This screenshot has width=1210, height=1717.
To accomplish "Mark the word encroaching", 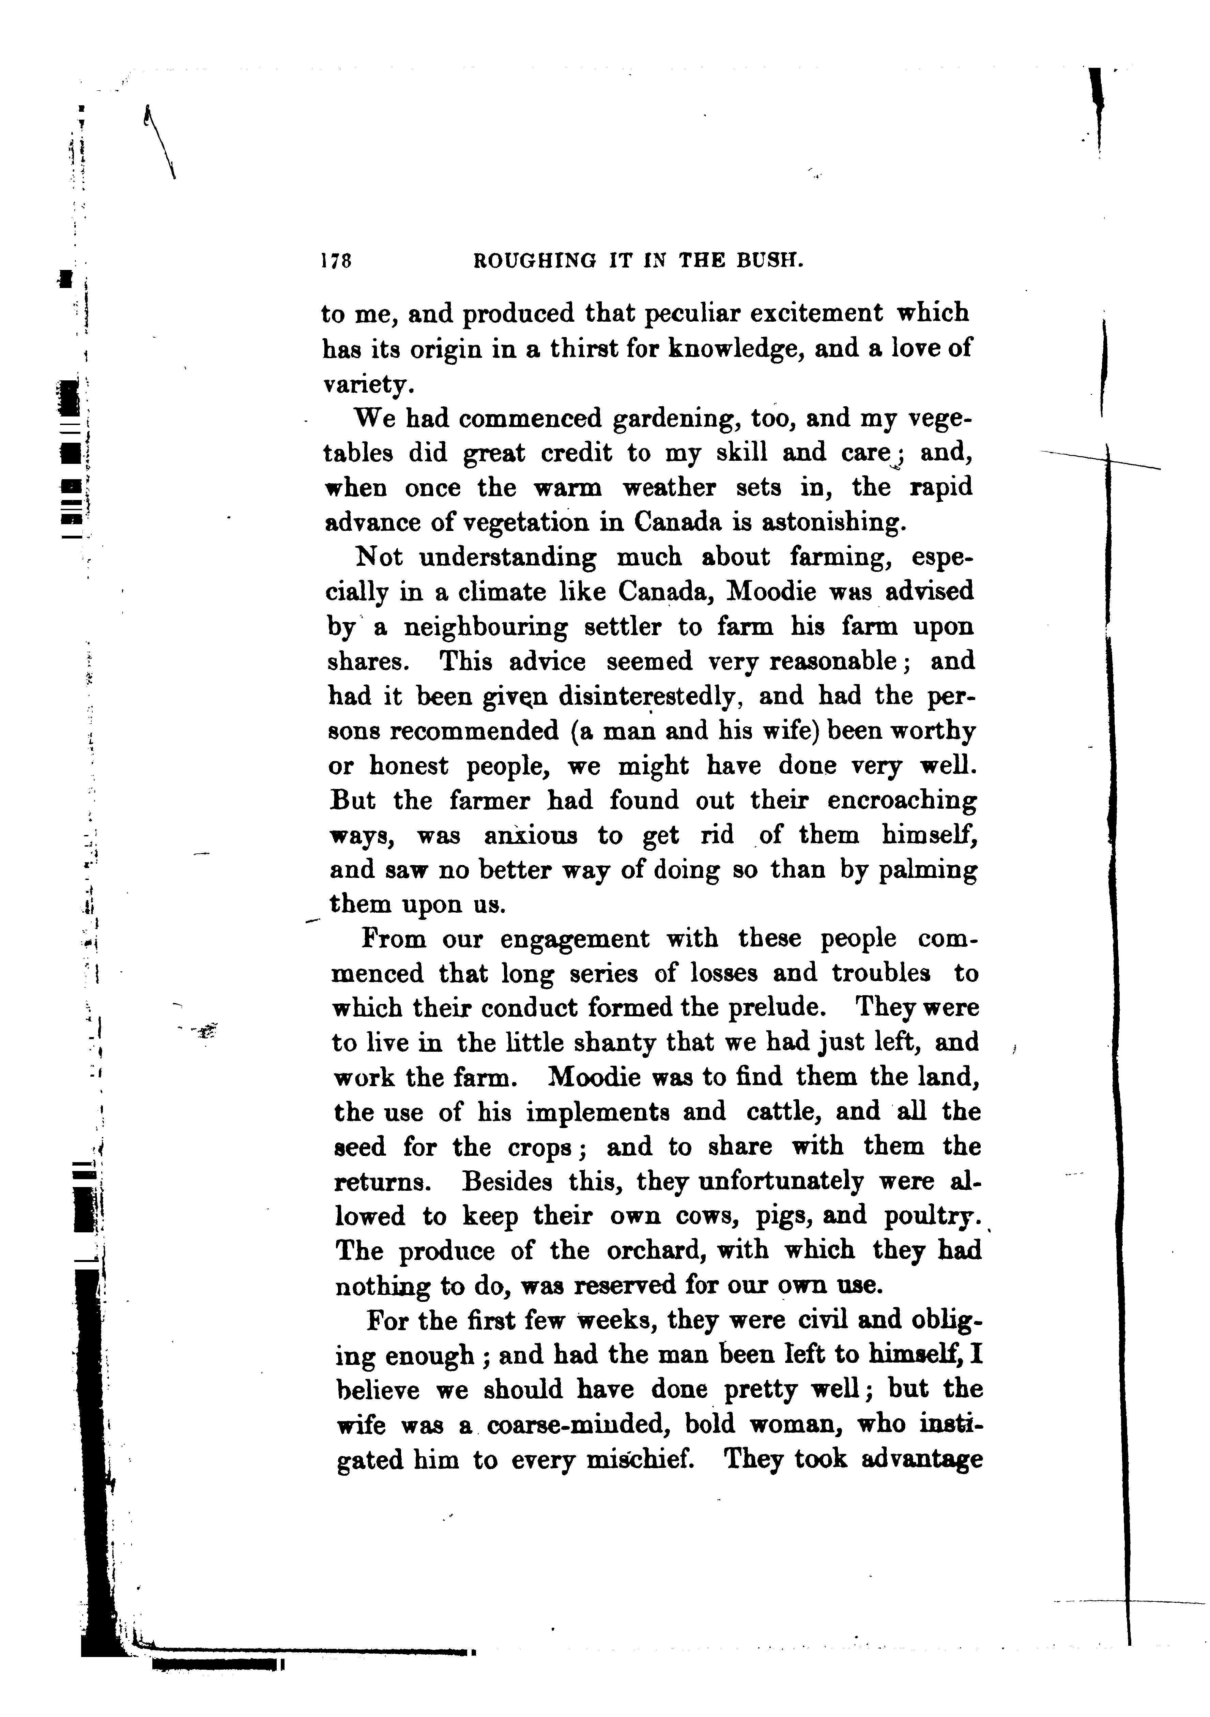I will click(901, 801).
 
